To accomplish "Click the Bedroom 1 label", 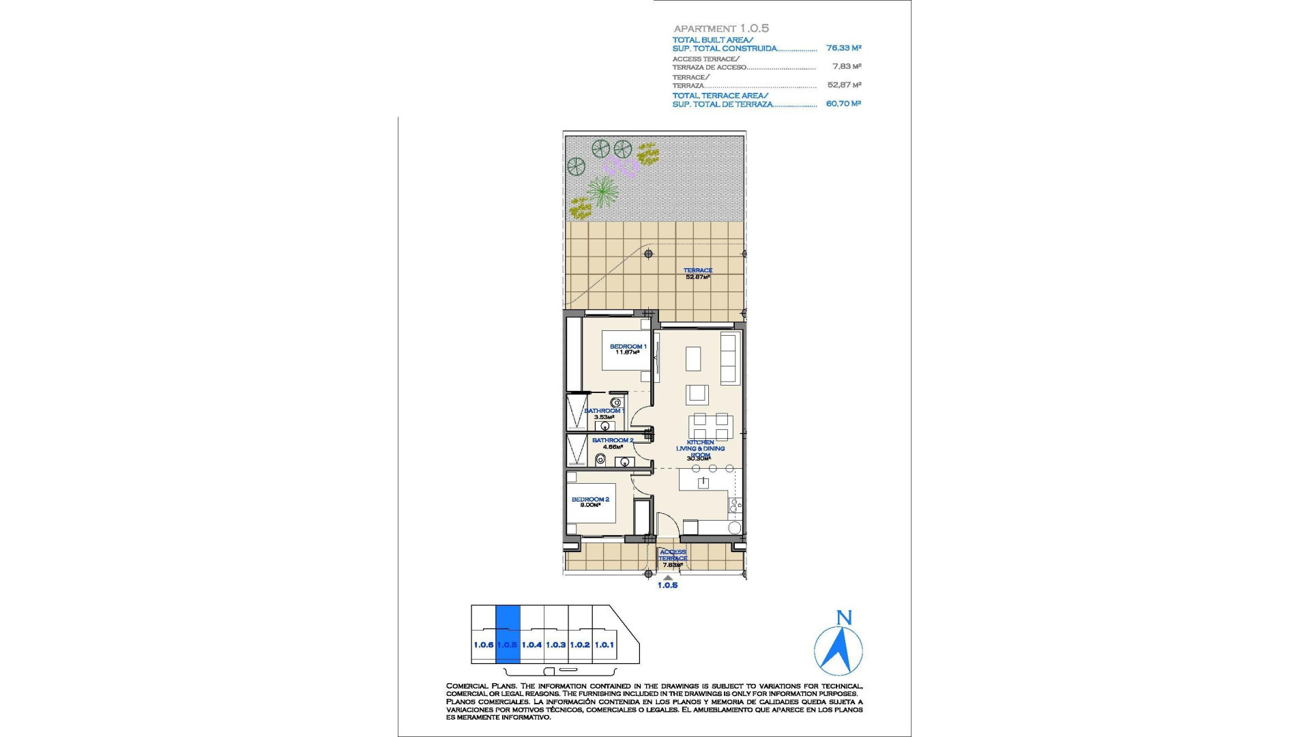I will click(628, 347).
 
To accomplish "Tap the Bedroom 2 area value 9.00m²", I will click(589, 506).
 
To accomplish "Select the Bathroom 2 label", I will click(612, 441).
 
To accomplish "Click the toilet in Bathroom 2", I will click(600, 461).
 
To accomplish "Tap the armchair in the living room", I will click(697, 394).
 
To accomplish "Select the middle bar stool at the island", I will click(712, 469).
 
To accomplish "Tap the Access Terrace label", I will click(673, 555).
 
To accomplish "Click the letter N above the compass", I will click(844, 618).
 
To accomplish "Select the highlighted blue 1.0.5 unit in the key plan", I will click(508, 635).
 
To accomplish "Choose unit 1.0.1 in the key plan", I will click(605, 644).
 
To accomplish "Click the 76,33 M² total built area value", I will click(843, 48).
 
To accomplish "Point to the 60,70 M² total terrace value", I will click(843, 104).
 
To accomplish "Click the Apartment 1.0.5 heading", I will click(721, 29).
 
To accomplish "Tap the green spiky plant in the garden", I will click(602, 191).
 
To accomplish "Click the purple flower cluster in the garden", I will click(620, 166).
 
